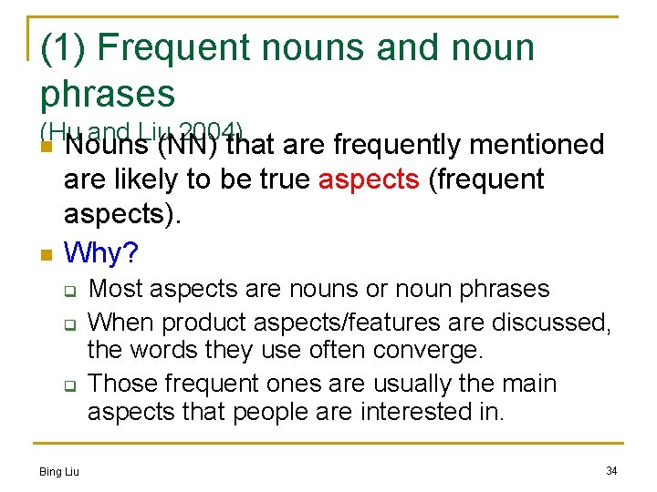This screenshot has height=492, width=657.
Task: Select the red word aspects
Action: (369, 179)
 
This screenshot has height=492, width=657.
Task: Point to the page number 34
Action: (611, 470)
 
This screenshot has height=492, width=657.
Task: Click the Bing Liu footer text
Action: (59, 471)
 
